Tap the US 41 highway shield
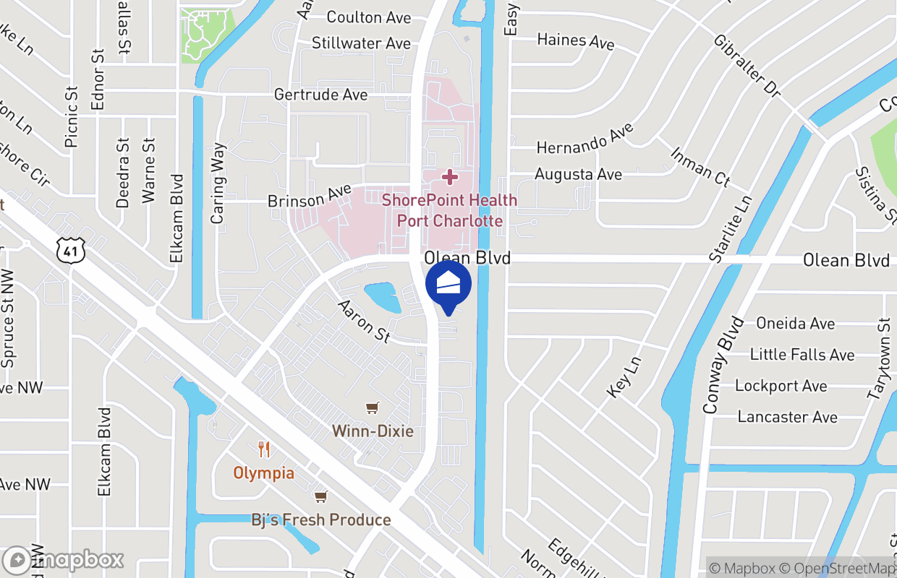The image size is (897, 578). point(70,250)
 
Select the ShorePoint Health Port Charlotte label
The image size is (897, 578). point(449,210)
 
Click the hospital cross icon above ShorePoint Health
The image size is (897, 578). point(449,176)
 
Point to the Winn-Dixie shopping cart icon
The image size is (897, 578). point(373,409)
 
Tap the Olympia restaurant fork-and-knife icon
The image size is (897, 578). point(264,450)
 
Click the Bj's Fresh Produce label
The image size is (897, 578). point(320,519)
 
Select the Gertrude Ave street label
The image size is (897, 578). point(320,95)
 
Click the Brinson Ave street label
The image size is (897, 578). point(310,197)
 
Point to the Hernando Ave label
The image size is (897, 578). point(584,137)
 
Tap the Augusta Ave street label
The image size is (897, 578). point(578,174)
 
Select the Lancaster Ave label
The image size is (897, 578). point(787,417)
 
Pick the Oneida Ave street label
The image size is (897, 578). point(795,323)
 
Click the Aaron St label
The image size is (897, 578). point(364,322)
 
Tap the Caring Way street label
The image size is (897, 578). point(218,184)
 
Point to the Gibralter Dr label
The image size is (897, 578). point(747,66)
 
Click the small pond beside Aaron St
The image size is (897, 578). point(383,297)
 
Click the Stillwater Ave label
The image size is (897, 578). point(361,43)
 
